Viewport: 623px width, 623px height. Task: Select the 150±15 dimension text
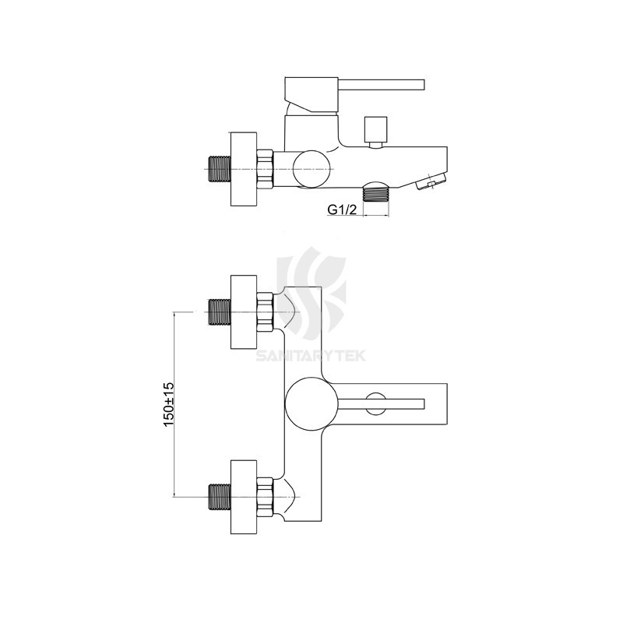coord(168,403)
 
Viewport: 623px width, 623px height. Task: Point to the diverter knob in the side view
coord(377,129)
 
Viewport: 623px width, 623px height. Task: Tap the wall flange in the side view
coord(243,168)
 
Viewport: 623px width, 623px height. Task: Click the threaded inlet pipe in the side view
coord(220,168)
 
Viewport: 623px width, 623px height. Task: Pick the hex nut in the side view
coord(264,168)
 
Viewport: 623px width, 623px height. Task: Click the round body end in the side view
coord(311,168)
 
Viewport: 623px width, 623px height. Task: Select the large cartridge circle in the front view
coord(311,403)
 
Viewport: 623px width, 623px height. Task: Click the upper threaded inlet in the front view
coord(220,312)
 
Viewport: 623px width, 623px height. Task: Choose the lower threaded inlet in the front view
coord(220,496)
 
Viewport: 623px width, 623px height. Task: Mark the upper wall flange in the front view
coord(243,312)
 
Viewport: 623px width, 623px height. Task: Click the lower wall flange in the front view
coord(243,496)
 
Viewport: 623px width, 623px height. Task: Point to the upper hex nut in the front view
coord(264,312)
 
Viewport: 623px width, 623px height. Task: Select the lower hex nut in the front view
coord(264,496)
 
